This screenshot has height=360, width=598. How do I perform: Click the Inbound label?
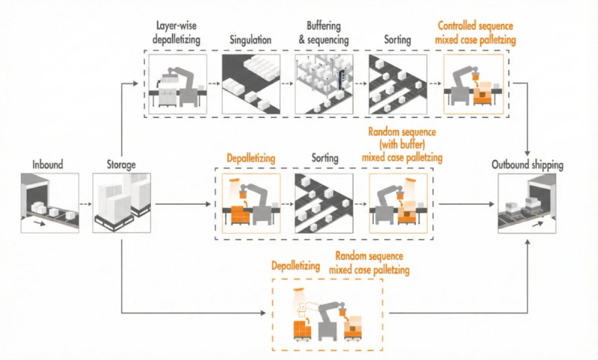coord(49,164)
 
